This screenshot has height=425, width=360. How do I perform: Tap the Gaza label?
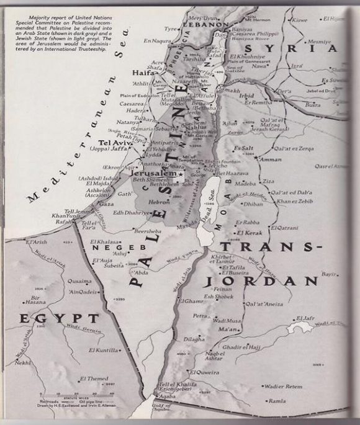coord(107,204)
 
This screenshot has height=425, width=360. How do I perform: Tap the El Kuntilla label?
coord(103,351)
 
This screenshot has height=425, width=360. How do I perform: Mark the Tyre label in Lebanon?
coord(171,29)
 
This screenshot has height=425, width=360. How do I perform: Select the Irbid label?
coord(246,97)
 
